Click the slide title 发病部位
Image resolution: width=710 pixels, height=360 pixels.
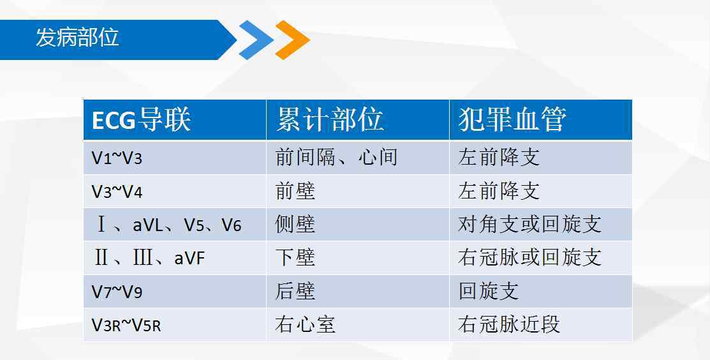click(x=77, y=37)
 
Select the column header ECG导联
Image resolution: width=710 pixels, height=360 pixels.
click(x=141, y=120)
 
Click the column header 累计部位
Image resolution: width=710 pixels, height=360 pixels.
click(x=330, y=119)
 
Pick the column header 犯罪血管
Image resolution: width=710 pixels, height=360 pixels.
click(x=512, y=119)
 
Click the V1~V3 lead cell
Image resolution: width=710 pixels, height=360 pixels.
click(x=117, y=158)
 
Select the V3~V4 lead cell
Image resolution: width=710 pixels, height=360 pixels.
click(x=117, y=191)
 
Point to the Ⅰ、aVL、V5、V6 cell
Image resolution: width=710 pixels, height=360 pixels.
click(x=168, y=225)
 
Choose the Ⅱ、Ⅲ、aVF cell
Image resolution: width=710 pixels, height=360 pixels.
click(x=149, y=258)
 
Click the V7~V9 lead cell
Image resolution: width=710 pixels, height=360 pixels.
click(x=117, y=292)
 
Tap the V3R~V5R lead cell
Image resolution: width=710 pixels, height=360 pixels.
click(x=126, y=325)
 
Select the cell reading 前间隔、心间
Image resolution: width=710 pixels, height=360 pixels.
click(x=336, y=158)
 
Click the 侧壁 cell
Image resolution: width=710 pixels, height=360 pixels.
click(x=295, y=225)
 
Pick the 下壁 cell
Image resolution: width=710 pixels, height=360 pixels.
click(x=295, y=258)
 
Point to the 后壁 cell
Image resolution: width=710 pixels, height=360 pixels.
click(x=295, y=292)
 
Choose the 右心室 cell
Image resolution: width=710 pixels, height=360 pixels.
click(x=305, y=325)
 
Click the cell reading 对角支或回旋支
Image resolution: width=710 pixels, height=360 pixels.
click(x=529, y=225)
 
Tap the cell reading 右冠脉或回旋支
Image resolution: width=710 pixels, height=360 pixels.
click(x=529, y=258)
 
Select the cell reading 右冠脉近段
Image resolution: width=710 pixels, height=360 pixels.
click(x=509, y=325)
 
